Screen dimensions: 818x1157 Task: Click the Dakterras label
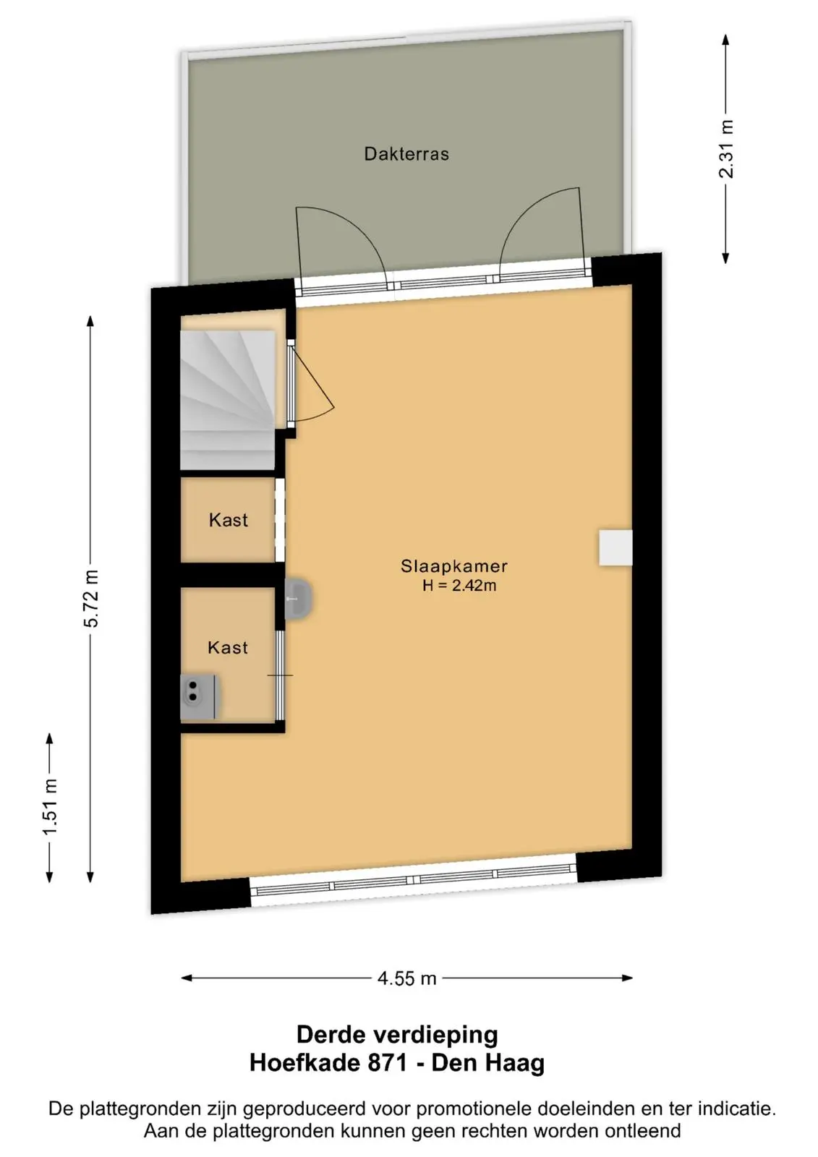point(406,154)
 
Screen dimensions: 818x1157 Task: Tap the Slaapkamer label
point(454,566)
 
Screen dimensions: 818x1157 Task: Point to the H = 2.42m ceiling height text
point(459,586)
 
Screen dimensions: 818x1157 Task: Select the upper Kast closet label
point(229,520)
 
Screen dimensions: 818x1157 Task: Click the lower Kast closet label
point(228,647)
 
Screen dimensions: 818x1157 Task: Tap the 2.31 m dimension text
point(726,149)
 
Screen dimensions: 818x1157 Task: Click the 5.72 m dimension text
point(91,599)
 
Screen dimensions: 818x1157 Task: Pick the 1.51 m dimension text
point(50,807)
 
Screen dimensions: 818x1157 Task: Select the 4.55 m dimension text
point(407,978)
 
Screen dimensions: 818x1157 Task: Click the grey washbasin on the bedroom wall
point(298,599)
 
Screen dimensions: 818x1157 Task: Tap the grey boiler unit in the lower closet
point(200,697)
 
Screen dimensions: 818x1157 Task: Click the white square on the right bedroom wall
point(615,547)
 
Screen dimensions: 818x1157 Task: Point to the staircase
point(227,400)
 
